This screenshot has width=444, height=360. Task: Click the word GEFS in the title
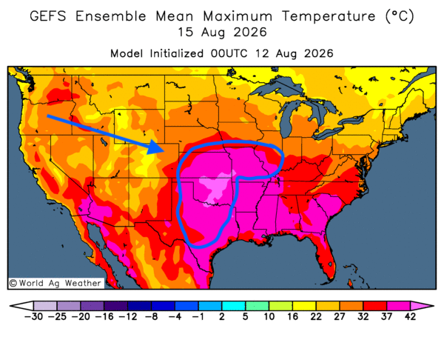[48, 16]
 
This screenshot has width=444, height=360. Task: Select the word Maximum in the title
[238, 16]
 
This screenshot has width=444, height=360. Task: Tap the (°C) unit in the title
[400, 16]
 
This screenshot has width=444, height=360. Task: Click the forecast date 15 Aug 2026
[222, 33]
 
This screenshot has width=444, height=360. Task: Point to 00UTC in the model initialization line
[229, 53]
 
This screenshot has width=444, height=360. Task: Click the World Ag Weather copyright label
[55, 283]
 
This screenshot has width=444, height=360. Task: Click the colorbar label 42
[410, 316]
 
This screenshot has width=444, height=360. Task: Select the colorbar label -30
[33, 316]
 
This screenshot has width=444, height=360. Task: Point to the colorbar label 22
[316, 316]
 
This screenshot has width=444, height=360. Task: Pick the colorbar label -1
[198, 316]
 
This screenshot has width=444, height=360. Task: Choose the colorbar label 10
[269, 316]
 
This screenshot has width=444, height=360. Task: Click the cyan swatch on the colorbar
[233, 306]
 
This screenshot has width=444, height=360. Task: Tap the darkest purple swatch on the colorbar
[115, 306]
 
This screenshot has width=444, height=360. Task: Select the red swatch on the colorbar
[375, 306]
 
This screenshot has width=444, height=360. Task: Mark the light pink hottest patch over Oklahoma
[217, 186]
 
